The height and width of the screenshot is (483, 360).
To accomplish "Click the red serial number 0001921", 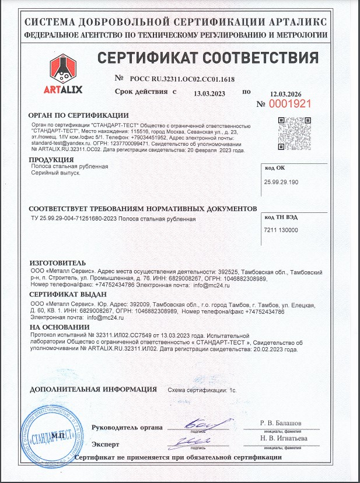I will (x=289, y=103).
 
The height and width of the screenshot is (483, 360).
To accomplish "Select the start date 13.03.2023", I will (x=209, y=93).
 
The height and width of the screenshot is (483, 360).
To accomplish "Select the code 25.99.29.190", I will (x=281, y=183).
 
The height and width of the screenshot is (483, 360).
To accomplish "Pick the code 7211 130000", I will (x=281, y=230).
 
